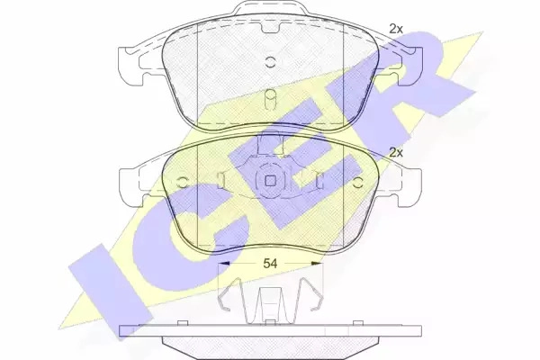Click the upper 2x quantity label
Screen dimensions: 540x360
click(396, 29)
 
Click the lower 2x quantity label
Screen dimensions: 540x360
click(396, 152)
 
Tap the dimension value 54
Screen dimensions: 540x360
click(270, 264)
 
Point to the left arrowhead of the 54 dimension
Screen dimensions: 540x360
click(224, 264)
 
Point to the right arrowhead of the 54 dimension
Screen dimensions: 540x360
click(317, 264)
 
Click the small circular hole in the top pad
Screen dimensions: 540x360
click(270, 62)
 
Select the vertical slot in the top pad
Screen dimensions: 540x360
click(270, 100)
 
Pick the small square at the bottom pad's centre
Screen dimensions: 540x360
click(270, 181)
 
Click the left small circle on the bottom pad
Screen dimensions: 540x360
click(182, 182)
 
